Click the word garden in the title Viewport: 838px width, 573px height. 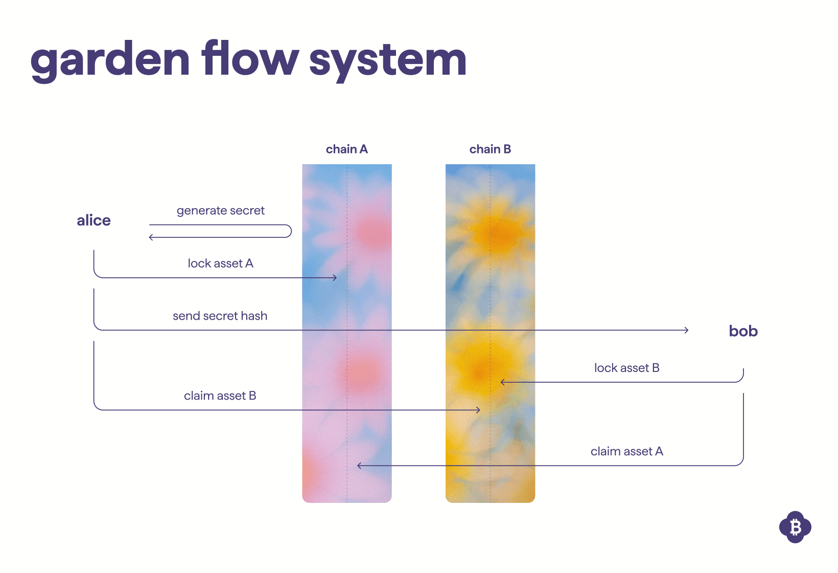tap(110, 60)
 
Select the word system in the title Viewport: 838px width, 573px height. tap(388, 60)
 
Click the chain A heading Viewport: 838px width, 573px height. tap(346, 149)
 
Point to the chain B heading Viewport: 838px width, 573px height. tap(490, 149)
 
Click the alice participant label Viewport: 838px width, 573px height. tap(94, 221)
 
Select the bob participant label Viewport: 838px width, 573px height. tap(743, 331)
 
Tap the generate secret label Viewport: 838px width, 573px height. tap(220, 211)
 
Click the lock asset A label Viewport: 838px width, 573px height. tap(220, 263)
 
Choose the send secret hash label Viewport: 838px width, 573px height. tap(220, 316)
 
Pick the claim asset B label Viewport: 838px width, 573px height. tap(220, 396)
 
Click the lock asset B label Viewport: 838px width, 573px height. tap(626, 368)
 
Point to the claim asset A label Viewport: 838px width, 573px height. tap(626, 451)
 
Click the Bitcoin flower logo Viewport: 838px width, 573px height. tap(795, 527)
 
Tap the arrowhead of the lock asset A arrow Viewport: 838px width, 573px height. tap(335, 278)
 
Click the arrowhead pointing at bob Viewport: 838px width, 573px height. tap(686, 330)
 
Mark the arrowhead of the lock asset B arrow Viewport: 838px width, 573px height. tap(503, 382)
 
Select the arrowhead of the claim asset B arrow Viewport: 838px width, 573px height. tap(478, 410)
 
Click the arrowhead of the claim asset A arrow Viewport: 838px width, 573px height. tap(359, 466)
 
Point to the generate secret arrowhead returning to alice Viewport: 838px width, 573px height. tap(151, 237)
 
